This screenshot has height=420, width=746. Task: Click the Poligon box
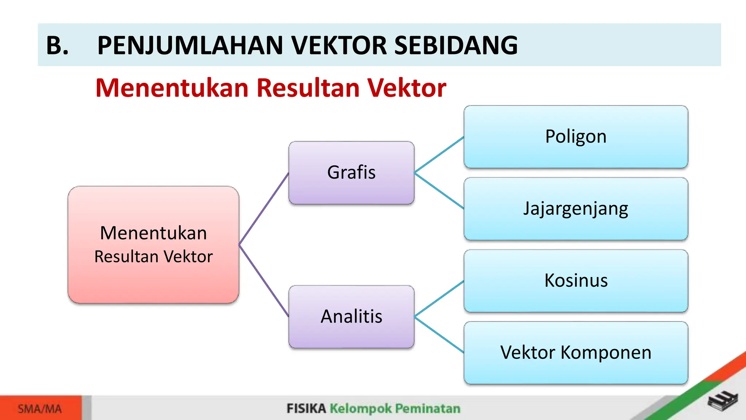(x=576, y=137)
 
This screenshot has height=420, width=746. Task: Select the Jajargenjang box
(x=576, y=209)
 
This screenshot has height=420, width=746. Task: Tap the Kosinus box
(x=576, y=281)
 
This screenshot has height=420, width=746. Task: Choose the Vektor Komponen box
(x=576, y=353)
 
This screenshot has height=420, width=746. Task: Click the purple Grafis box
(x=351, y=172)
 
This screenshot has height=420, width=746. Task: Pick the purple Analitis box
(x=351, y=316)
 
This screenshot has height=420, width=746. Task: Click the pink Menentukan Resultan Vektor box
(x=153, y=245)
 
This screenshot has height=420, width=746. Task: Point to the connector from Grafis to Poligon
(x=439, y=154)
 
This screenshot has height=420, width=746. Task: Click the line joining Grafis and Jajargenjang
(x=439, y=191)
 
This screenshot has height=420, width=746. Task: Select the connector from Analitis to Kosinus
(x=439, y=299)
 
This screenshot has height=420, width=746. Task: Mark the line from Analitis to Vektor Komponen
(x=439, y=335)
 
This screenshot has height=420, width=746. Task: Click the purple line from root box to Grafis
(x=264, y=209)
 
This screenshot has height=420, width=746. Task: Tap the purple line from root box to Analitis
(x=264, y=281)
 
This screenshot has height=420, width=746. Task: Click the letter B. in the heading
(x=57, y=46)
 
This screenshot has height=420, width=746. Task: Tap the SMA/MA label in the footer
(x=40, y=409)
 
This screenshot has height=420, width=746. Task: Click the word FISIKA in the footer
(x=306, y=408)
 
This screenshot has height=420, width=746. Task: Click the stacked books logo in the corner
(x=723, y=401)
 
